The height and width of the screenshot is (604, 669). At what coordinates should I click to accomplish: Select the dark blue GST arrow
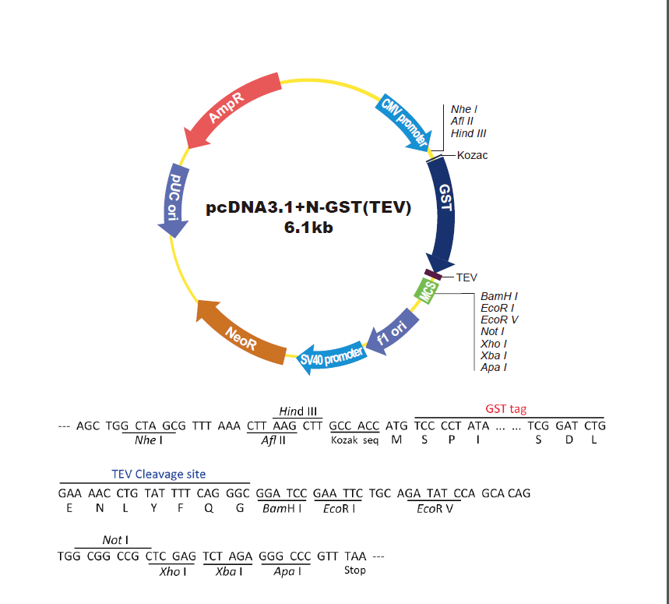445,209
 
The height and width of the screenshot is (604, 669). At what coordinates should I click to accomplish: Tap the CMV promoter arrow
404,122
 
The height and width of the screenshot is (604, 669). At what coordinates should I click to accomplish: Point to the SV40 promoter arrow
332,356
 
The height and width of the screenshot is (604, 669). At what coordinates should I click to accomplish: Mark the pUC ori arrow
174,200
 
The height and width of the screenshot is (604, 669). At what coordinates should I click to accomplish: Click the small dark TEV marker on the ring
433,275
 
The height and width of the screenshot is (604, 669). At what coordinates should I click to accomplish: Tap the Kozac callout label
472,155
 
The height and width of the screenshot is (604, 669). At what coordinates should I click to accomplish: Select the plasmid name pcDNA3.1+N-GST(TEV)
308,207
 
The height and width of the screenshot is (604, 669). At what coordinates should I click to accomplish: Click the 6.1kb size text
308,228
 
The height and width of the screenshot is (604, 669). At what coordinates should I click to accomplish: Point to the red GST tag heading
505,409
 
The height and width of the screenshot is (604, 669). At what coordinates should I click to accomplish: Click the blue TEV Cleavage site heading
159,474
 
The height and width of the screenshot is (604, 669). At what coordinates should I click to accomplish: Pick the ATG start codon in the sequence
396,426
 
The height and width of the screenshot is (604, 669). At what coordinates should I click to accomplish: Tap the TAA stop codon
355,556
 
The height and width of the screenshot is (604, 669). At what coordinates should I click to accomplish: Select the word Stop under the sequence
355,570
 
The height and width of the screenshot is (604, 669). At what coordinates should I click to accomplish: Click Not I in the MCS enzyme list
492,331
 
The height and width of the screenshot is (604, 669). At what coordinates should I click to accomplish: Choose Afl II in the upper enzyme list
462,122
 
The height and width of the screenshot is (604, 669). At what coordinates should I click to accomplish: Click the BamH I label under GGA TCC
282,508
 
